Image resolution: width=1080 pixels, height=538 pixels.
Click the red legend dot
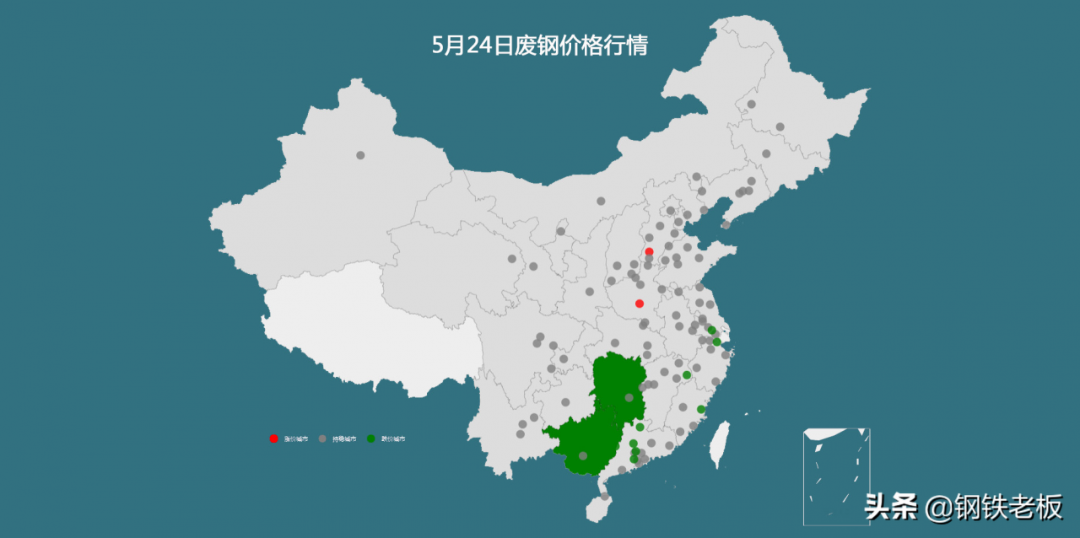[273, 439]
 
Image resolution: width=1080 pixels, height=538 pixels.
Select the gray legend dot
[322, 439]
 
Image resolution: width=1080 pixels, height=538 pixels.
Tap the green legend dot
[371, 439]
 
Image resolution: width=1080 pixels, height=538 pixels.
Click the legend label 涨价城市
[295, 439]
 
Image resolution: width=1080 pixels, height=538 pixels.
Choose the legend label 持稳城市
[344, 439]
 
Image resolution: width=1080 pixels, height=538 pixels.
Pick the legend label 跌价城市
[393, 439]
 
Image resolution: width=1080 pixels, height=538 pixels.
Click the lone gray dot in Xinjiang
[360, 155]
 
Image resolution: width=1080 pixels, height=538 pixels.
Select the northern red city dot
[649, 251]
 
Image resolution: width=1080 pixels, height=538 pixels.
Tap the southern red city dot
[640, 304]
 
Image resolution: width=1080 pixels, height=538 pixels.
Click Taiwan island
[719, 444]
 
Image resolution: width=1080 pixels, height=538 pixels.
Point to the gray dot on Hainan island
[604, 497]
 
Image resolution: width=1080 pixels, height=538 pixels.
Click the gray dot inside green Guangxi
[583, 456]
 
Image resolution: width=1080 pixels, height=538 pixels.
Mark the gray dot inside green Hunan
[629, 398]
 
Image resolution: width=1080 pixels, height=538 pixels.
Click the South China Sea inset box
[836, 476]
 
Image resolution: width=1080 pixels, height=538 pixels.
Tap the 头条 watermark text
[891, 508]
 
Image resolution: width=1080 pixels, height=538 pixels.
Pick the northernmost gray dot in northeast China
[751, 105]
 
